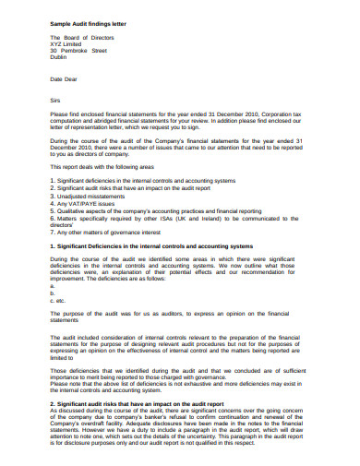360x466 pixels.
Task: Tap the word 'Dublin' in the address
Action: (x=59, y=58)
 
